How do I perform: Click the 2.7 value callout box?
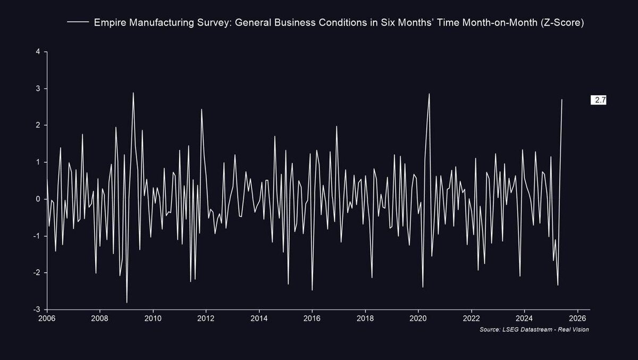tap(599, 100)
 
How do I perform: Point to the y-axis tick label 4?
tap(38, 52)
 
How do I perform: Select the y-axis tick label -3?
tap(37, 309)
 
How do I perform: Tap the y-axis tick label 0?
tap(38, 199)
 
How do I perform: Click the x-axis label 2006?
tap(47, 319)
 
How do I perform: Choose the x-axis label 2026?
tap(577, 319)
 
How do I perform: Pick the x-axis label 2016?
tap(312, 319)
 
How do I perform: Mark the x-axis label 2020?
tap(418, 319)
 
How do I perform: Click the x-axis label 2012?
tap(206, 319)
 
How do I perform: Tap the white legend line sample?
tap(78, 23)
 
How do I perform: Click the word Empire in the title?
tap(108, 23)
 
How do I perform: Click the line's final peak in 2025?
tap(562, 99)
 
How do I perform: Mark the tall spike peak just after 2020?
tap(429, 94)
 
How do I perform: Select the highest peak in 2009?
tap(133, 93)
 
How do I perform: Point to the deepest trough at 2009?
tap(127, 303)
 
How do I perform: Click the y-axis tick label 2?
tap(38, 125)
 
